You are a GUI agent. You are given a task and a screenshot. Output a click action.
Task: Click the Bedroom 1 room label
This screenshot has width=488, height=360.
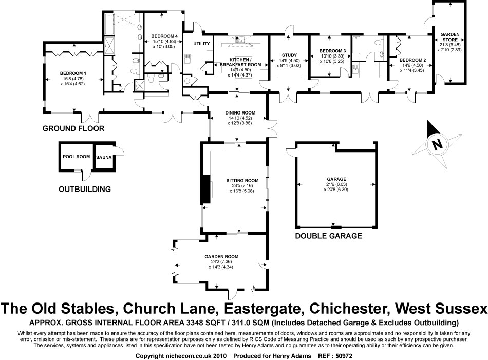[72, 73]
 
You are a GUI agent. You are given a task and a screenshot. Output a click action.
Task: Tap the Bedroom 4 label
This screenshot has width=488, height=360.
[164, 36]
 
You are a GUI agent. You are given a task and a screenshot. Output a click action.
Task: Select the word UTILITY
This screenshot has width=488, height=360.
[202, 44]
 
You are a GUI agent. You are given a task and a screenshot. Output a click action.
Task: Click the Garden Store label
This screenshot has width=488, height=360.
[447, 38]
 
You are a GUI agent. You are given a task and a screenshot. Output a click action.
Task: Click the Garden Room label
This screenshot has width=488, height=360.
[221, 256]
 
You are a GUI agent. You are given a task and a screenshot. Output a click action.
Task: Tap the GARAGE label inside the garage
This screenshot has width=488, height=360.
[334, 179]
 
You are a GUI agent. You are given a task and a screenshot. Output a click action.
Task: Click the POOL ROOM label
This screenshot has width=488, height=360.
[76, 157]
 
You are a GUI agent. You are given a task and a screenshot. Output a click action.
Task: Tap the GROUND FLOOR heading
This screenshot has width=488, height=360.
[74, 128]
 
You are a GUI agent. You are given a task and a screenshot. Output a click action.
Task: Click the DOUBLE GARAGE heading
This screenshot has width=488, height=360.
[329, 236]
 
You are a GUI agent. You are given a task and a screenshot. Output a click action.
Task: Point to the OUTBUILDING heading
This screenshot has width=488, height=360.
[85, 189]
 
